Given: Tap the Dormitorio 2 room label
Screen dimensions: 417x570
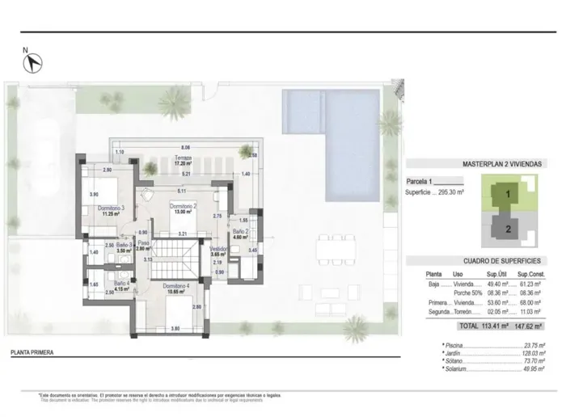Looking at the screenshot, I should pos(184,208).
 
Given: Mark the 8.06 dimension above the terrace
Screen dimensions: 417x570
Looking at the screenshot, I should pos(185,147).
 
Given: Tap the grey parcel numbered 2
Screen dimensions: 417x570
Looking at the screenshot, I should pos(507,228).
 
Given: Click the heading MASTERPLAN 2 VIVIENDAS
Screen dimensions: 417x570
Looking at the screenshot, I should pos(502,163).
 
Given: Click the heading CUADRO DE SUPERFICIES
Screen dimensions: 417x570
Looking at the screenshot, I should pos(501,261).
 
